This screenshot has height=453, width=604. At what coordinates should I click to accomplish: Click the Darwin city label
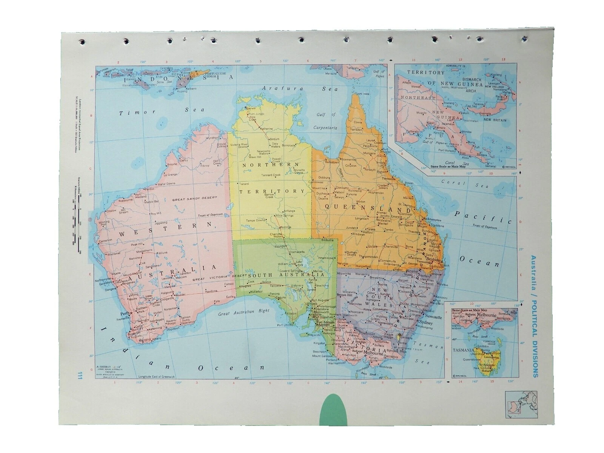tap(250, 108)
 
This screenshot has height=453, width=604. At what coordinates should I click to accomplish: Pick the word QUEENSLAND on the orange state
tap(368, 208)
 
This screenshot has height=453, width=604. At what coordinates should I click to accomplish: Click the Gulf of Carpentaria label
tap(325, 121)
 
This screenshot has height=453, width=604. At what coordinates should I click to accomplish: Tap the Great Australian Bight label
tap(244, 313)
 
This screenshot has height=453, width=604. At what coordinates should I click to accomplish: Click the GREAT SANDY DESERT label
tap(194, 198)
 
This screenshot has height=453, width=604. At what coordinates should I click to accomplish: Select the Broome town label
tap(172, 164)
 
